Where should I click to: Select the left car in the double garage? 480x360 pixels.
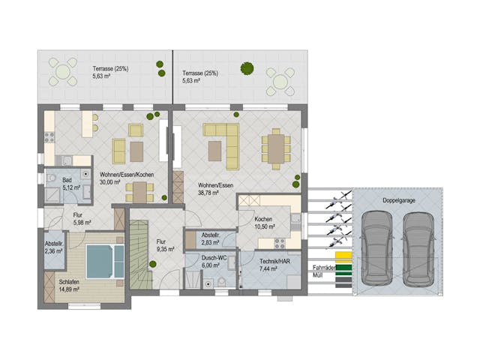(376, 247)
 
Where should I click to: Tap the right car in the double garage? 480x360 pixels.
(418, 247)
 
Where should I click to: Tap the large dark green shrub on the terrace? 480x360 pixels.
(246, 68)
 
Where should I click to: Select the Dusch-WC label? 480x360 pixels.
(213, 257)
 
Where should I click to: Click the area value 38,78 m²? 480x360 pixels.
(208, 193)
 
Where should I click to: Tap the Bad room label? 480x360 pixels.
(67, 181)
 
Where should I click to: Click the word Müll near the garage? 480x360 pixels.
(318, 276)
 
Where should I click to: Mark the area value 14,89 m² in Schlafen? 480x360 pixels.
(69, 289)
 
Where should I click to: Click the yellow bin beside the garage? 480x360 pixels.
(343, 256)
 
